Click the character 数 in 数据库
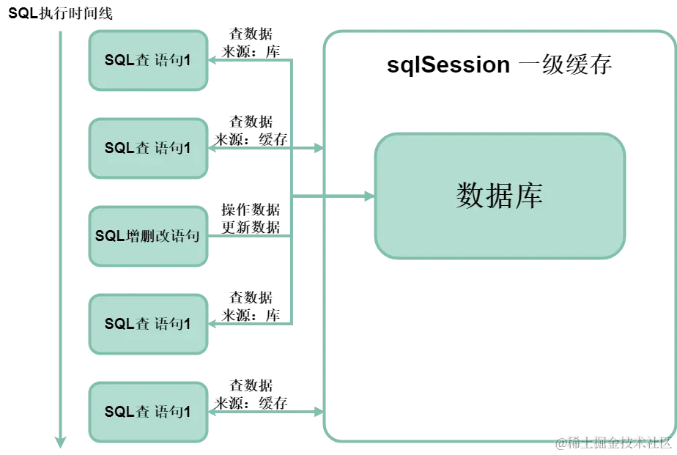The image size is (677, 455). click(x=470, y=196)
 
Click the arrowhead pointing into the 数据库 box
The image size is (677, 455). click(x=369, y=196)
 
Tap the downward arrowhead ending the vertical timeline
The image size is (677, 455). click(x=62, y=441)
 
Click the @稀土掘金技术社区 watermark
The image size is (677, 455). click(x=614, y=443)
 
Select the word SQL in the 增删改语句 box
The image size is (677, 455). click(x=110, y=237)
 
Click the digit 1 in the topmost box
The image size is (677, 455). click(x=187, y=61)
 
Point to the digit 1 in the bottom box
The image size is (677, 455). click(x=187, y=413)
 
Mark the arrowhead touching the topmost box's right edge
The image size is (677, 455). click(x=212, y=62)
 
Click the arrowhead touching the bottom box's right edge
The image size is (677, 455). click(x=212, y=413)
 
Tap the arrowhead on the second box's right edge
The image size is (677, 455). click(x=212, y=149)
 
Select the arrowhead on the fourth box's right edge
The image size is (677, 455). click(x=212, y=325)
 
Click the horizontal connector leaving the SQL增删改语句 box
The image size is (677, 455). click(x=249, y=237)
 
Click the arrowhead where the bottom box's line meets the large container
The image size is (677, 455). click(x=318, y=413)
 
